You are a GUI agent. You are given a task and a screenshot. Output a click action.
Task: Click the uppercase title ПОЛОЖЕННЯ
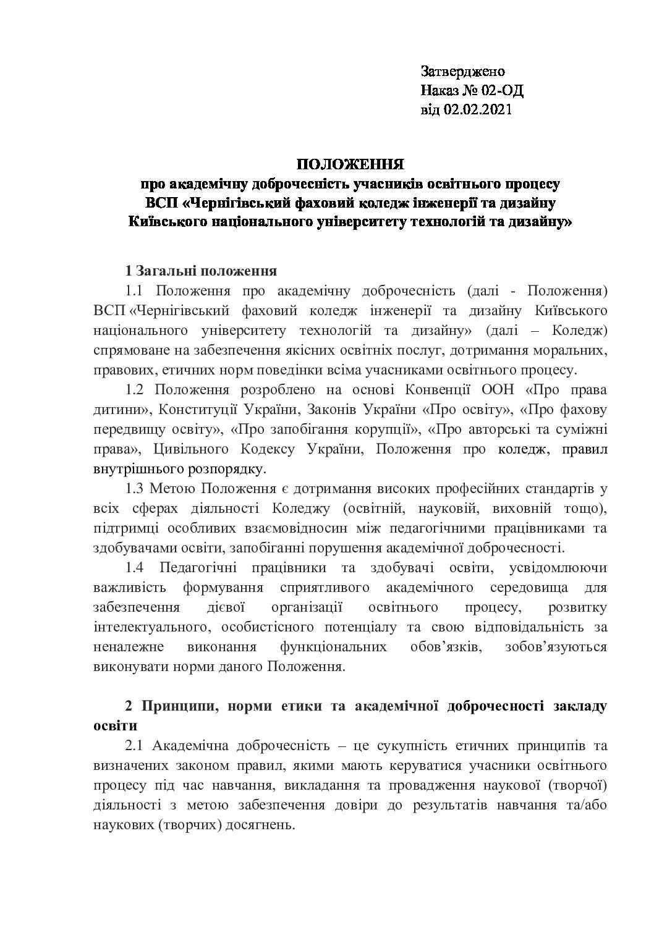coord(350,165)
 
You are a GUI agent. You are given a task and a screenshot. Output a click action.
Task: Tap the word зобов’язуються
coord(556,647)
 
